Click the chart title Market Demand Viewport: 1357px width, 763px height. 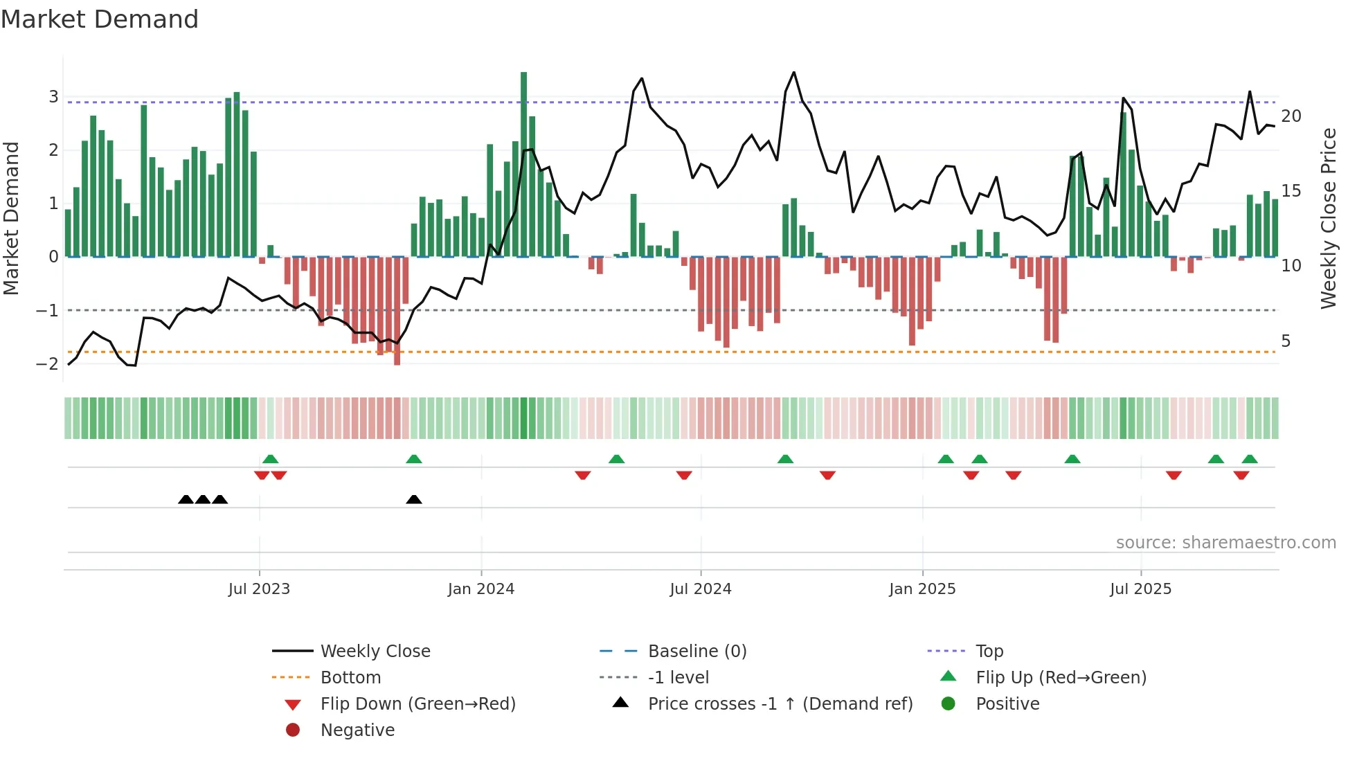click(x=100, y=19)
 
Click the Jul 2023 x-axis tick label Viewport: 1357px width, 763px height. click(x=259, y=589)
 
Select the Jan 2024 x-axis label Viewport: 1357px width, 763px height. click(x=480, y=589)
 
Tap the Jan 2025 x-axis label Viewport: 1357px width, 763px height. click(x=922, y=589)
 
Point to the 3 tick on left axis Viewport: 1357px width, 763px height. click(x=53, y=97)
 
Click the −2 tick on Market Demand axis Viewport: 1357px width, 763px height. click(x=48, y=364)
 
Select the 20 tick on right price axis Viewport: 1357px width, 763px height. click(x=1291, y=116)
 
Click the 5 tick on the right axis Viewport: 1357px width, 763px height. click(x=1286, y=341)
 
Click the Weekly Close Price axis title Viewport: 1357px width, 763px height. click(x=1328, y=218)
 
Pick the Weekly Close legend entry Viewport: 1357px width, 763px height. click(x=375, y=652)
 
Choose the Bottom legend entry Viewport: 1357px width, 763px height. click(x=350, y=678)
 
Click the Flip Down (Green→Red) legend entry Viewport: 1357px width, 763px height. click(x=417, y=704)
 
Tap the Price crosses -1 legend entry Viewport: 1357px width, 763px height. click(x=780, y=704)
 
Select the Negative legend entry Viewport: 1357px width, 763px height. click(x=357, y=730)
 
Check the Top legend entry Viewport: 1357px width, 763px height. click(x=989, y=652)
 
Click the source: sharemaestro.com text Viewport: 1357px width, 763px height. click(x=1225, y=543)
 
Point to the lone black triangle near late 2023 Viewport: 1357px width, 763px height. click(x=414, y=499)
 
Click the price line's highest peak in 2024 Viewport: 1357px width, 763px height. click(x=793, y=73)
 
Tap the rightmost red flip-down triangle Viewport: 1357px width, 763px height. click(x=1241, y=475)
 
